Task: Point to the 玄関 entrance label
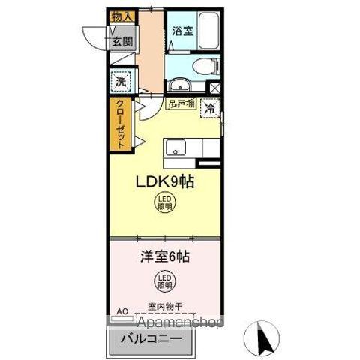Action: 121,41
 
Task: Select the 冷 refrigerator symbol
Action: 211,108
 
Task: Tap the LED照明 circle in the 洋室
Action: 164,282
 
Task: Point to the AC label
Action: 122,308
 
